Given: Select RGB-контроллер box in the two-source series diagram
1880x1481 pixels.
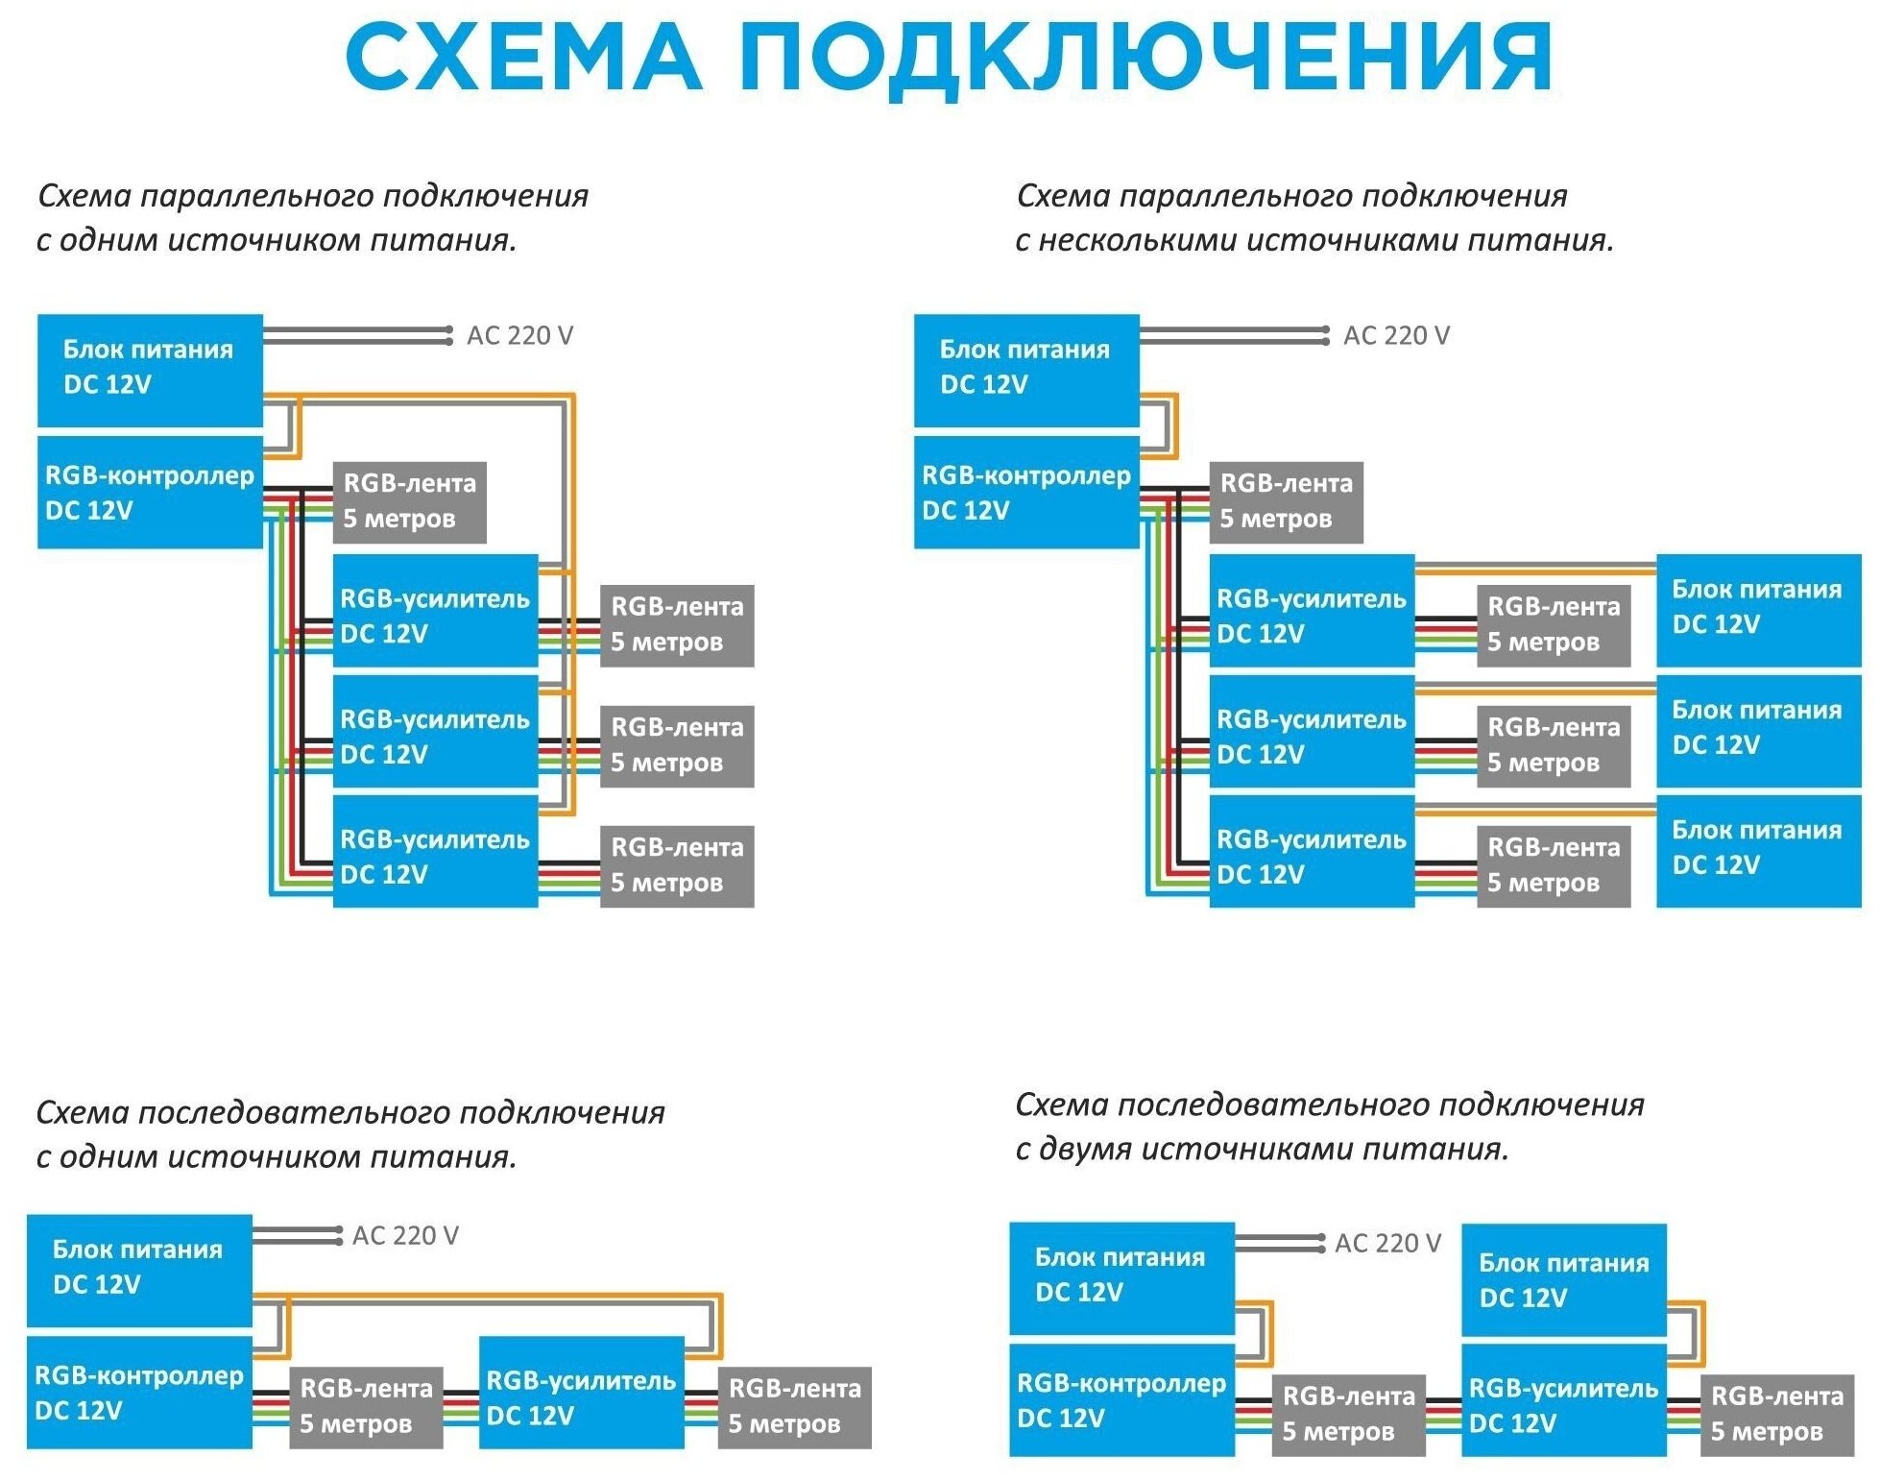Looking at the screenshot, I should tap(1121, 1399).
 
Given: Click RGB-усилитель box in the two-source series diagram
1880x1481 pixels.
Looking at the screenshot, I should tap(1563, 1405).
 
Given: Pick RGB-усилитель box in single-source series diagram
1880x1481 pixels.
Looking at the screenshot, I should tap(581, 1397).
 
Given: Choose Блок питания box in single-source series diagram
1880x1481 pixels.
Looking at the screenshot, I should tap(139, 1268).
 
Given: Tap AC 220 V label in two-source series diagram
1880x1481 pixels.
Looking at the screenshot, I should tap(1387, 1243).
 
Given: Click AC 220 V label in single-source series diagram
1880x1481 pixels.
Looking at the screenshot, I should tap(405, 1235).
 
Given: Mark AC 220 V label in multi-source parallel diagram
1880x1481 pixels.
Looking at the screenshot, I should tap(1396, 335).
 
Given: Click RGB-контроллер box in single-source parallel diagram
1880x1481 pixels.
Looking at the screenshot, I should tap(150, 492).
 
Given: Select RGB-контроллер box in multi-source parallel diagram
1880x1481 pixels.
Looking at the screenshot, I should tap(1025, 492).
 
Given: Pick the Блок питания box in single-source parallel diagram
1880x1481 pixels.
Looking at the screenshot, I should tap(150, 369).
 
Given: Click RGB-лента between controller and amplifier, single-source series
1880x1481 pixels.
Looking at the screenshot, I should tap(366, 1406).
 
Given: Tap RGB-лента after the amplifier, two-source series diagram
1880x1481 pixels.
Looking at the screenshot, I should tap(1776, 1414).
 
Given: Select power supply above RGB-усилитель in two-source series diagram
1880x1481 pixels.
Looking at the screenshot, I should tap(1563, 1279).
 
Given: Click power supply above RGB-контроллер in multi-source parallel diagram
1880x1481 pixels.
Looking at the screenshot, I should tap(1025, 369).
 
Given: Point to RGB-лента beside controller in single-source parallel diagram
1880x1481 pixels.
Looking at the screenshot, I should tap(409, 501).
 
